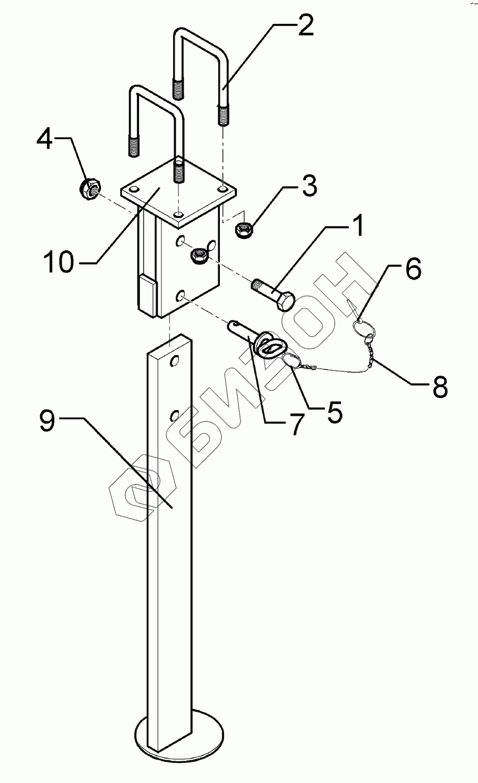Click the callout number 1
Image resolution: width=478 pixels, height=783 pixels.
coord(356,225)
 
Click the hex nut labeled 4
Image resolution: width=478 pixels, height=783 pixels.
coord(90,188)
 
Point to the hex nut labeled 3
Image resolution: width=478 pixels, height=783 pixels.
coord(244,230)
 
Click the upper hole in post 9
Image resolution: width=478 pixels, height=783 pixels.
coord(173,361)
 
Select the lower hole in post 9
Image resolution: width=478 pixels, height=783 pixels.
coord(173,414)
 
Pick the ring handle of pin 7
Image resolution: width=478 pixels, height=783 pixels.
coord(269,347)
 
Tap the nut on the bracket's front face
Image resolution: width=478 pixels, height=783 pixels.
coord(200,256)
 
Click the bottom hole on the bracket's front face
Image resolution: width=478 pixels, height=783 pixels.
coord(182,295)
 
